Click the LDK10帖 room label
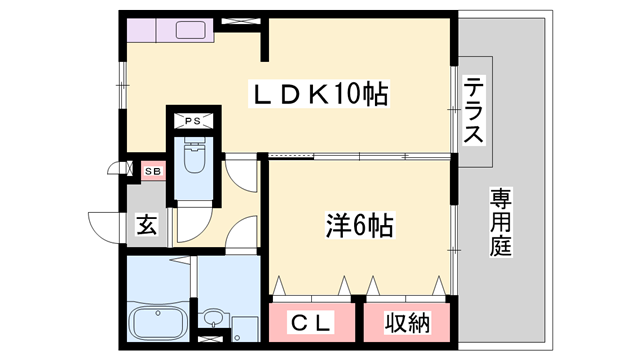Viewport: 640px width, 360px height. (x=318, y=95)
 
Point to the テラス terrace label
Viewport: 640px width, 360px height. (x=474, y=112)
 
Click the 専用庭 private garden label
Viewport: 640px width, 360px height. (x=500, y=221)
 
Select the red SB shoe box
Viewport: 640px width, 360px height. (x=153, y=171)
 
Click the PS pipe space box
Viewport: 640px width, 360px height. (x=192, y=121)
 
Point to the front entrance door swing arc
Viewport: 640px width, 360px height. (x=103, y=224)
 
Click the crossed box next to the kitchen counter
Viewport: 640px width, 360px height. (x=239, y=19)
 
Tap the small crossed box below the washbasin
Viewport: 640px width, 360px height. (x=212, y=337)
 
